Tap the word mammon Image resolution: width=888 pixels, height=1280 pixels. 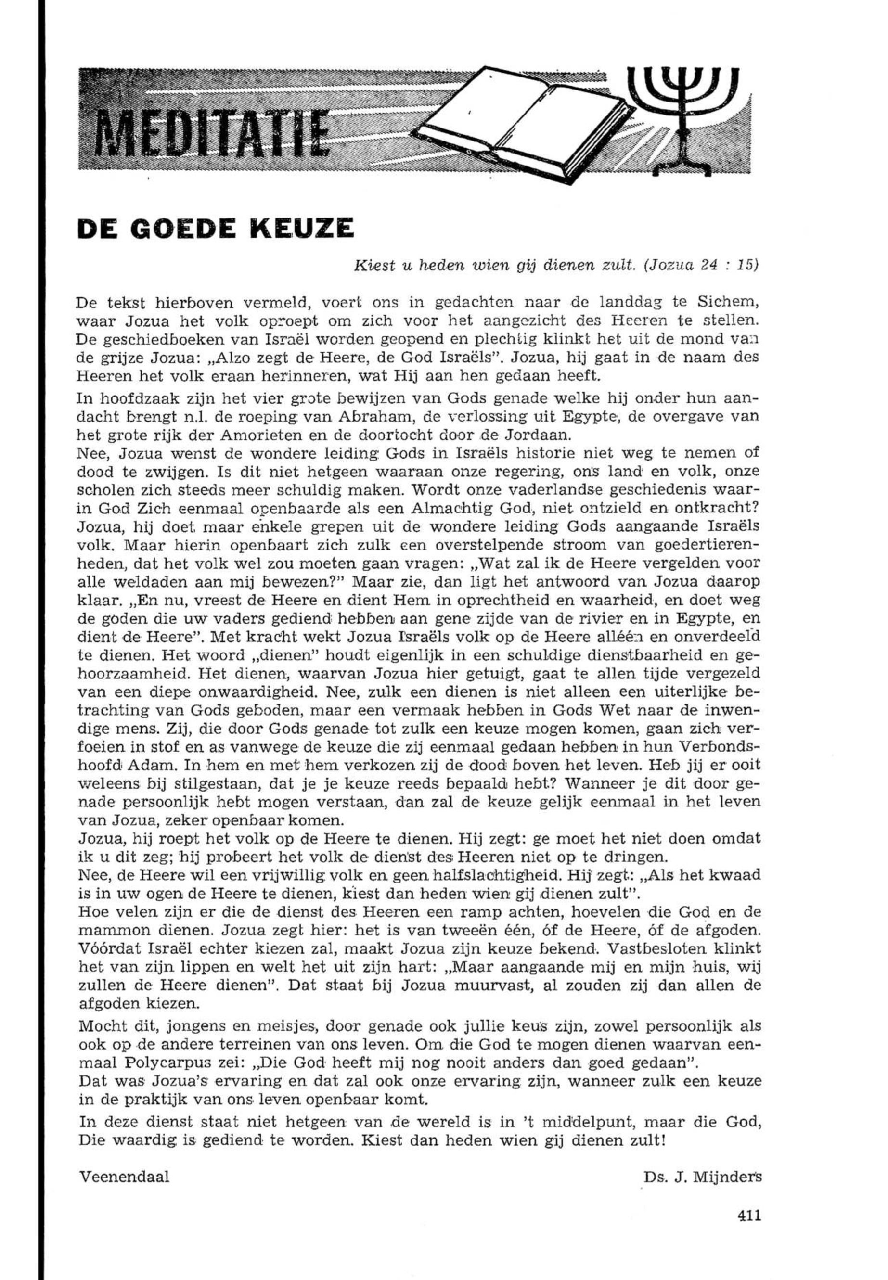(109, 929)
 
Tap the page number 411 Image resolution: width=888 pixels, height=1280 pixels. (748, 1231)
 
